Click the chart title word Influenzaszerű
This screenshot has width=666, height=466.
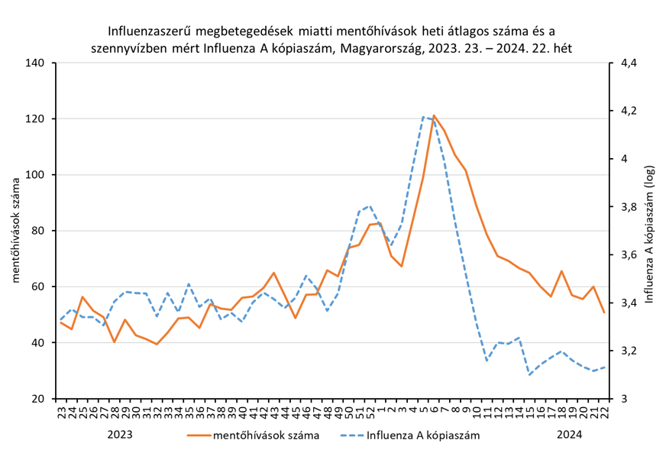[148, 31]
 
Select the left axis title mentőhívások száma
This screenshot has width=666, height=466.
[15, 230]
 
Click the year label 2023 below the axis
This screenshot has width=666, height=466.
[120, 435]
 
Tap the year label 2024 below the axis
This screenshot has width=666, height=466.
[569, 435]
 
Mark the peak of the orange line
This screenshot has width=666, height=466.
[434, 116]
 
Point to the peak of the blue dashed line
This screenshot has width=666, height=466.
[423, 117]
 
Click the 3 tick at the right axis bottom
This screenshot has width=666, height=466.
[623, 399]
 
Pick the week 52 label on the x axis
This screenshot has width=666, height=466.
[370, 412]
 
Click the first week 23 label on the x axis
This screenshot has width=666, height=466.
[61, 412]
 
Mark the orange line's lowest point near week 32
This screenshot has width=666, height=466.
[157, 345]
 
